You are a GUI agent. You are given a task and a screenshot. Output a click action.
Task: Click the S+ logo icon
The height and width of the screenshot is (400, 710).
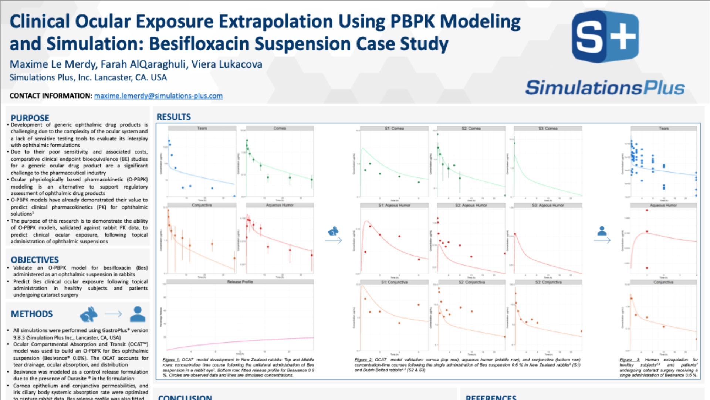605,36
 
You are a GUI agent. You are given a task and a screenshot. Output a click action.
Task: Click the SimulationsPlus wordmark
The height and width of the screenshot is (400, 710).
605,88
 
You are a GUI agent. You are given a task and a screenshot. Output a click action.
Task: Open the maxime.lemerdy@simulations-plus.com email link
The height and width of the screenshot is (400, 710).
158,96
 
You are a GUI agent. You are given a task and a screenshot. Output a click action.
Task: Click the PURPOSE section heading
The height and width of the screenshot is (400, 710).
30,118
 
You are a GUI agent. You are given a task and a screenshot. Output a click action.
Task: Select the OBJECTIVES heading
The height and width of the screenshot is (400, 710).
35,260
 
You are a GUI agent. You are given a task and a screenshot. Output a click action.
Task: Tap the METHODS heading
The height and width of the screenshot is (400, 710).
32,314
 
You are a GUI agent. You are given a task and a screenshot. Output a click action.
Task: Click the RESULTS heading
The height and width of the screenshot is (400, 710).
174,117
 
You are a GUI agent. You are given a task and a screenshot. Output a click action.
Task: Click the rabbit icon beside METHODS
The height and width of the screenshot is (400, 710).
89,314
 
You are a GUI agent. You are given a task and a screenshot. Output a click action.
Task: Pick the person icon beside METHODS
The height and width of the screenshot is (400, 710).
138,314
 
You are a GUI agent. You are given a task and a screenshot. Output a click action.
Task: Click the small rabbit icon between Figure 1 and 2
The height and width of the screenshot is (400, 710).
333,231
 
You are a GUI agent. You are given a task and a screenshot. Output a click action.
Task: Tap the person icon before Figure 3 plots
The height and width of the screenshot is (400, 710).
602,231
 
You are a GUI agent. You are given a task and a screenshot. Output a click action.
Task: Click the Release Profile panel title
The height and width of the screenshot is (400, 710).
240,282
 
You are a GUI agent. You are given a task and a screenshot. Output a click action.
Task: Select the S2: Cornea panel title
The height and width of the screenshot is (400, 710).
471,129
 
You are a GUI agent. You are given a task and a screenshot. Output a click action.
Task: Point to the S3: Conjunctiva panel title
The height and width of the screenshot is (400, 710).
548,282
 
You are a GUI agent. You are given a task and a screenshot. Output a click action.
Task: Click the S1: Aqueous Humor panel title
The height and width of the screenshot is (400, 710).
394,205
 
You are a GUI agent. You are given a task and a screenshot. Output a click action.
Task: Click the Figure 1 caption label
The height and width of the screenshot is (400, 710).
171,360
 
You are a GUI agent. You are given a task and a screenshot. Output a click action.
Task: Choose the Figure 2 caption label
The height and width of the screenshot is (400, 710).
363,360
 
